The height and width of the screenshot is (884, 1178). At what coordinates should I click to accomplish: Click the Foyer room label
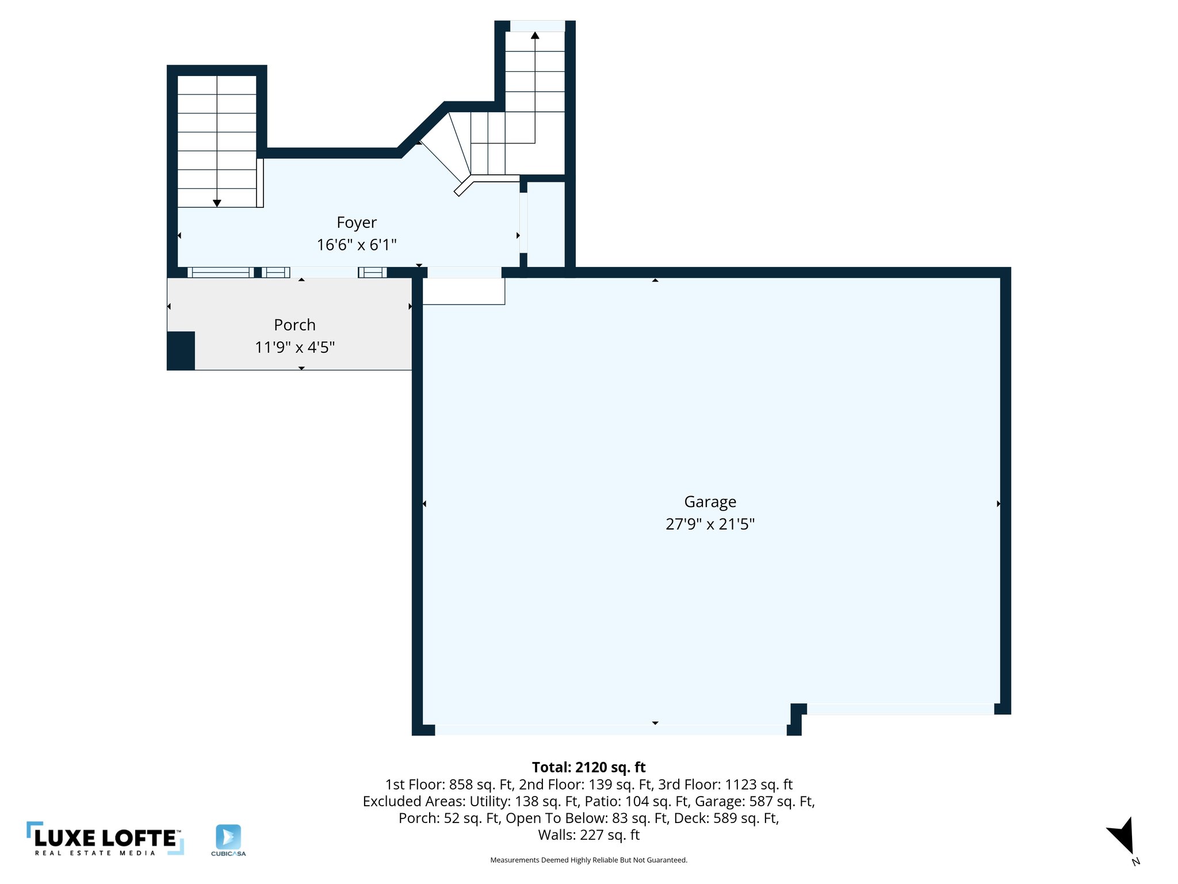(x=357, y=222)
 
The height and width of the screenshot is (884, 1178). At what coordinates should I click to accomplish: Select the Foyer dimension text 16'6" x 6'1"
(x=357, y=245)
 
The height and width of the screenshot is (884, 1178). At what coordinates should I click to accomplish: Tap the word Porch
(x=294, y=325)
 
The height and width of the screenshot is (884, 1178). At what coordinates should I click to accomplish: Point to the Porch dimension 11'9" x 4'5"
(x=294, y=347)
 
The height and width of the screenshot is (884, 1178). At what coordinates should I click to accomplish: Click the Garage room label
(x=710, y=502)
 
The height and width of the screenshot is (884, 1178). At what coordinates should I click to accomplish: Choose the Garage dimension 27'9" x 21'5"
(x=710, y=524)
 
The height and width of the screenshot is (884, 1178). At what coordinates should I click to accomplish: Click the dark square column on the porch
(x=181, y=350)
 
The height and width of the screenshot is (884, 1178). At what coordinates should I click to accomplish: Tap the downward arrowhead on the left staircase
(x=217, y=203)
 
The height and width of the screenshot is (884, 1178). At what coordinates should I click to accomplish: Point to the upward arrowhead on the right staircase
(x=535, y=35)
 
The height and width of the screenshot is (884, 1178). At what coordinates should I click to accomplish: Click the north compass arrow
(x=1122, y=836)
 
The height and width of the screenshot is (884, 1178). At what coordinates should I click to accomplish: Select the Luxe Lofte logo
(x=105, y=839)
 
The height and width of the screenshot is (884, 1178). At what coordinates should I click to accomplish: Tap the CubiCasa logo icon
(x=228, y=837)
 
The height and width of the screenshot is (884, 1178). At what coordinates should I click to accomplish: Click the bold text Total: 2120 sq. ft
(x=588, y=767)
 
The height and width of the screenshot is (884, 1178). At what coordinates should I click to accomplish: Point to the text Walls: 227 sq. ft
(x=588, y=835)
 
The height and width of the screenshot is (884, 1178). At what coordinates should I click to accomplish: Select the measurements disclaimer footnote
(x=588, y=860)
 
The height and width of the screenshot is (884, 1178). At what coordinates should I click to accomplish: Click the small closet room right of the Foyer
(x=545, y=224)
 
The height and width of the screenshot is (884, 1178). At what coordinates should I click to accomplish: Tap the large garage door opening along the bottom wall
(x=610, y=730)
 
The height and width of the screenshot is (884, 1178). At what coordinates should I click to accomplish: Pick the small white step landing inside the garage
(x=464, y=291)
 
